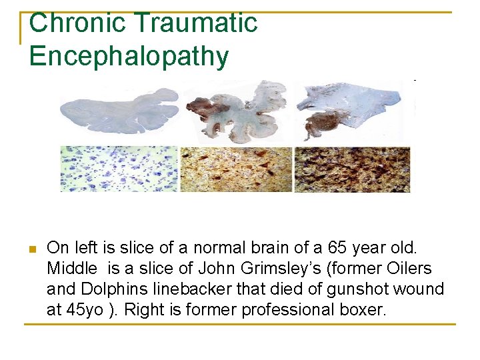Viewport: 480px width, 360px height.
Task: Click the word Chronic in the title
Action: pos(67,23)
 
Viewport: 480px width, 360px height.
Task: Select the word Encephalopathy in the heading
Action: pos(129,56)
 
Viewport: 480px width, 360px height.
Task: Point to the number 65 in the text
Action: pos(341,249)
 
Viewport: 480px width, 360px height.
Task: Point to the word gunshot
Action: pos(368,289)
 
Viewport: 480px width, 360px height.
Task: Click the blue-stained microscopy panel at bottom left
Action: pos(119,169)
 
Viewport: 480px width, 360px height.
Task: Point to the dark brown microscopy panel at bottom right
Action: pos(353,169)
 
